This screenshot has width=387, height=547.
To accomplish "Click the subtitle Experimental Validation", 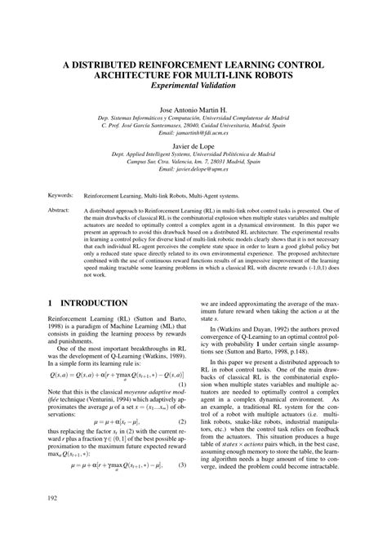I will (193, 85).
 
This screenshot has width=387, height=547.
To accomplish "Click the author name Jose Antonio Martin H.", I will (193, 109).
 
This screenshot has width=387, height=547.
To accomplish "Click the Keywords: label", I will (61, 196).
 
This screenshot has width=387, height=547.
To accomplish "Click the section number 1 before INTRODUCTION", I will (51, 303).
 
